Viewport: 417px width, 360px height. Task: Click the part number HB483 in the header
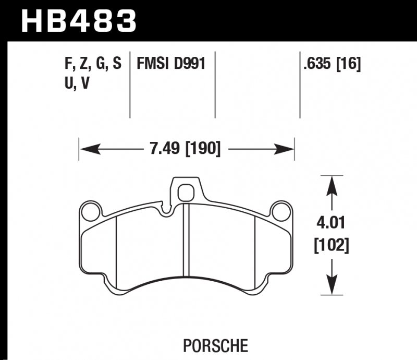(x=78, y=21)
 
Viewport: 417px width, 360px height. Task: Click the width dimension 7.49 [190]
(x=185, y=150)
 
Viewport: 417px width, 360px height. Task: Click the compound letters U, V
(x=75, y=83)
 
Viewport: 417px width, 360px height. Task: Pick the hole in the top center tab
(x=186, y=193)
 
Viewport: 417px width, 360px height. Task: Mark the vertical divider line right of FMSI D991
(x=216, y=83)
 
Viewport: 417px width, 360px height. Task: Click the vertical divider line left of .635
(x=300, y=83)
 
